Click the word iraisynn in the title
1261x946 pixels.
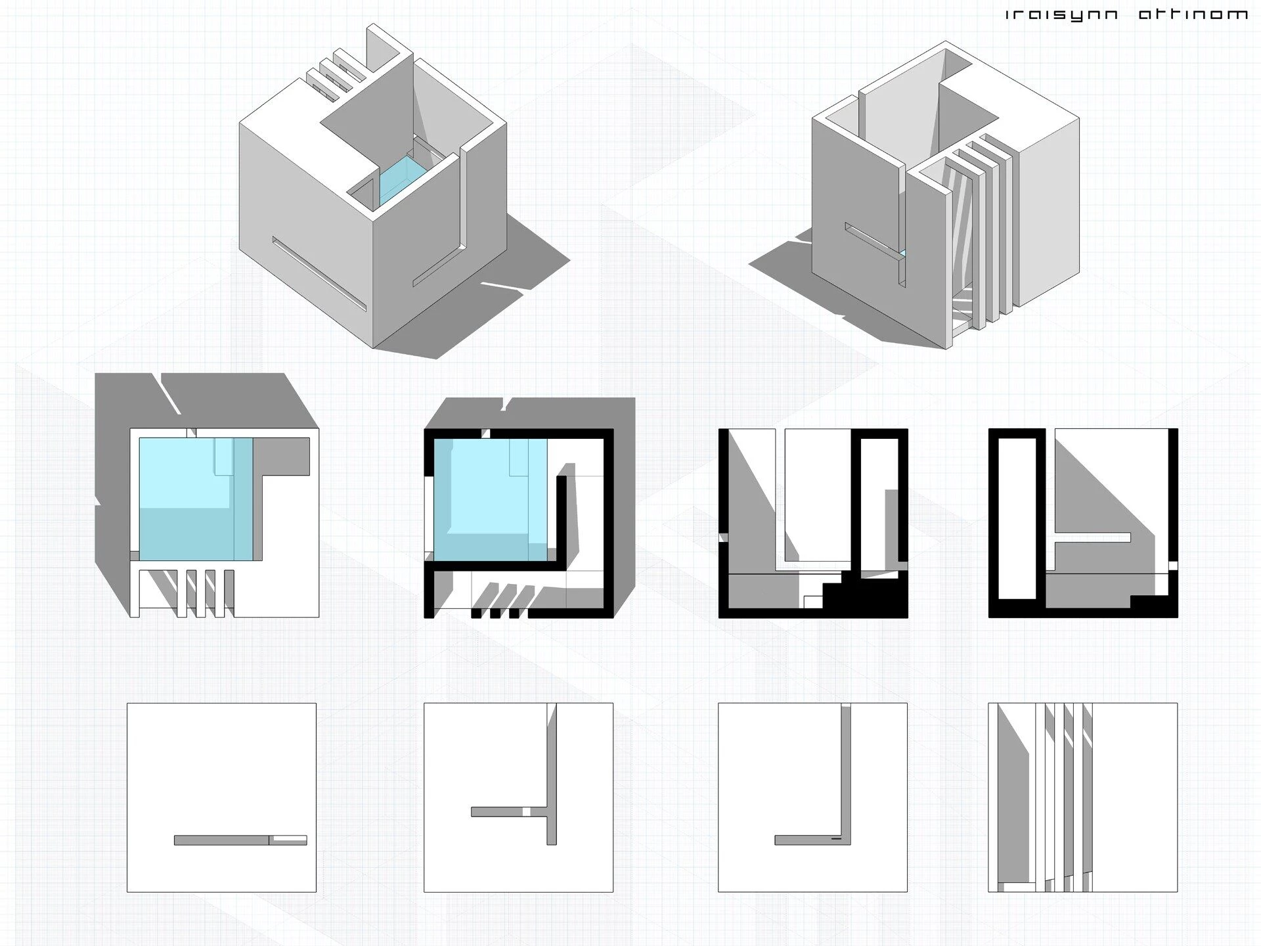(x=1062, y=14)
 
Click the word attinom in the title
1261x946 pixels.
(x=1192, y=14)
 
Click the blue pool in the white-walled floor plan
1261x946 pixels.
(x=195, y=499)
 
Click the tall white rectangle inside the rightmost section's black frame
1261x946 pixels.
(x=1017, y=519)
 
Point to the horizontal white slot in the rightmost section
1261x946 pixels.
(x=1092, y=537)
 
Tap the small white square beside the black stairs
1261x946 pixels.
(x=812, y=602)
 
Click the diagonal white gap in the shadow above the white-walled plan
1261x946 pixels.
(x=167, y=394)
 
